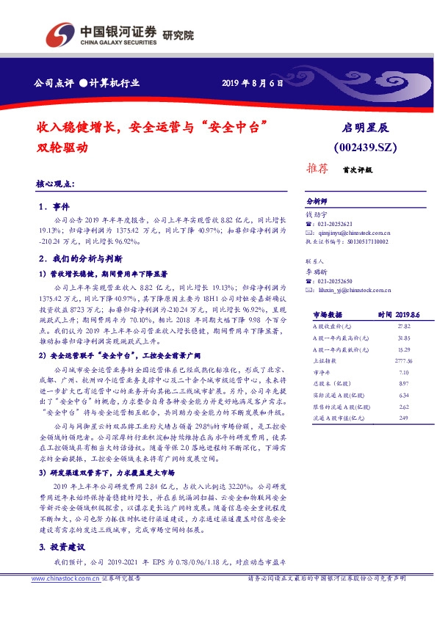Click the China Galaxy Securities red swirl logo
pos(59,33)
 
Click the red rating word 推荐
pos(316,169)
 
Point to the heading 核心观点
pos(54,183)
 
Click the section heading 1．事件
pos(54,208)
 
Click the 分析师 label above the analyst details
pos(316,200)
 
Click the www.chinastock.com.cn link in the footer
pos(64,599)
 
